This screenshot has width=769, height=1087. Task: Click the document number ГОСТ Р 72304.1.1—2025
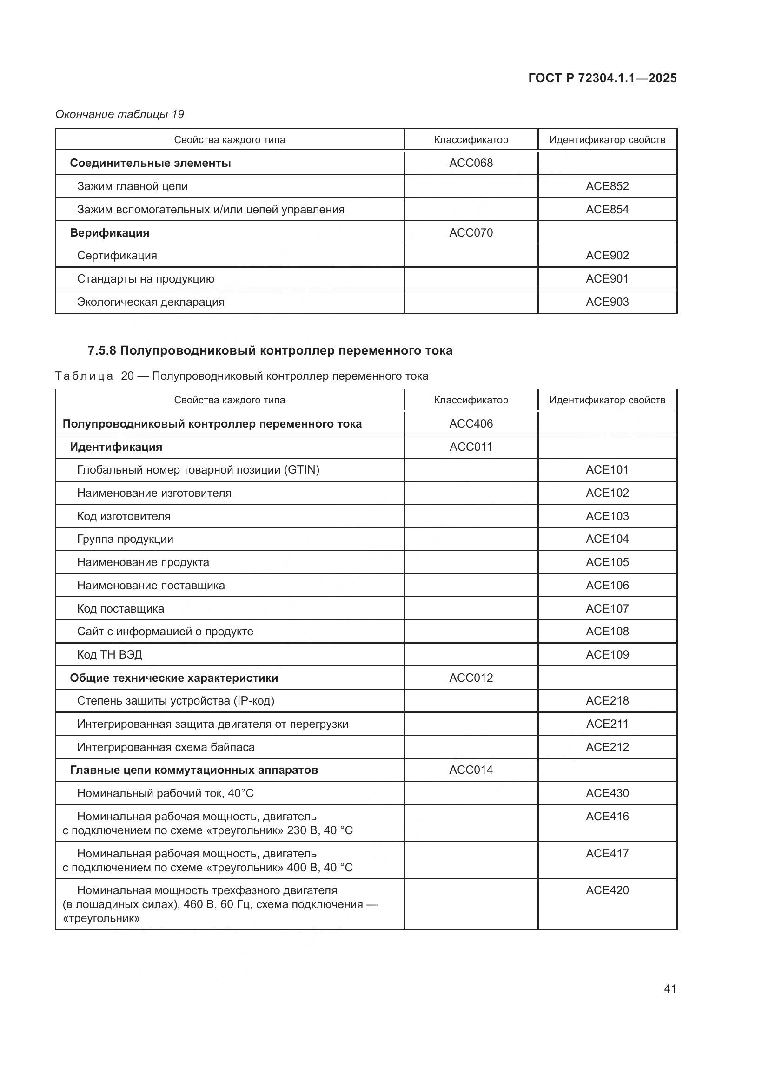[x=602, y=78]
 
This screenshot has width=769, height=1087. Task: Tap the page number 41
[x=670, y=988]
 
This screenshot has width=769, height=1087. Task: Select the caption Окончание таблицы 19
[x=119, y=114]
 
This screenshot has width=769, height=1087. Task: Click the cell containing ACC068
[x=471, y=163]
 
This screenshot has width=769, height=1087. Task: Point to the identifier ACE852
[x=607, y=186]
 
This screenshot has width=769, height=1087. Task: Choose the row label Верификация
[x=109, y=232]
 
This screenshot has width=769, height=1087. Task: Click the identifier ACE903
[x=607, y=302]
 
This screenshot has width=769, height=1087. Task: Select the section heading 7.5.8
[x=270, y=350]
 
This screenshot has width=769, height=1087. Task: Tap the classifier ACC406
[x=471, y=423]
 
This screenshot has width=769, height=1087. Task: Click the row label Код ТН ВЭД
[x=109, y=654]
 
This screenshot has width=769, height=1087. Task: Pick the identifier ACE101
[x=607, y=470]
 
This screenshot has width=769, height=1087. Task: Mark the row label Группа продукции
[x=125, y=539]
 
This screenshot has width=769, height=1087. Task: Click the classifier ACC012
[x=471, y=678]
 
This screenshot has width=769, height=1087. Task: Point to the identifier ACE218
[x=607, y=700]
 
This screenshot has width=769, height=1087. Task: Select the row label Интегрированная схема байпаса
[x=166, y=747]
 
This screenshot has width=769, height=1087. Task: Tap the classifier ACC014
[x=471, y=770]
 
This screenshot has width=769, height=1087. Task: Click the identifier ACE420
[x=607, y=890]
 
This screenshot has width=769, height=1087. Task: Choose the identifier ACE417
[x=607, y=853]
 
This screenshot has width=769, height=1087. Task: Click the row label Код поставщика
[x=120, y=608]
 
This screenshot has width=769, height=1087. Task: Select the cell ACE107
[x=607, y=608]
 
